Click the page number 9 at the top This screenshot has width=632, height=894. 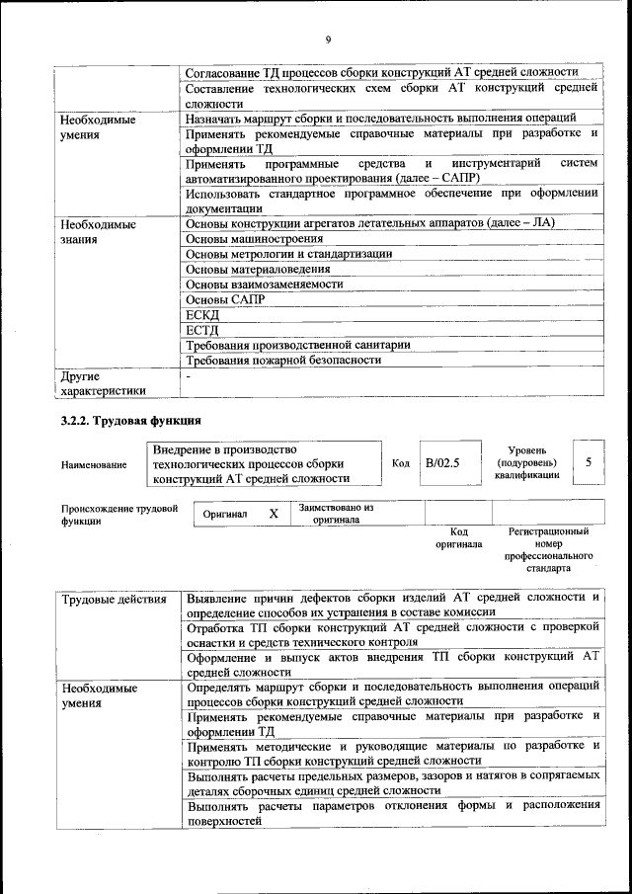tap(327, 39)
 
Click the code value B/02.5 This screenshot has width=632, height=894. tap(442, 462)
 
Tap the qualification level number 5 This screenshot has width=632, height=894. tap(589, 462)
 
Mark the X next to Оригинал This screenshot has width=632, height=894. tap(274, 514)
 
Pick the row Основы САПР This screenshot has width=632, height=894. tap(212, 299)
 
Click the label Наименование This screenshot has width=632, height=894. tap(94, 463)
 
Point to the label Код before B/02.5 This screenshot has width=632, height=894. tap(401, 462)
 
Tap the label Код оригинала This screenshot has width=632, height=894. tap(458, 537)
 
